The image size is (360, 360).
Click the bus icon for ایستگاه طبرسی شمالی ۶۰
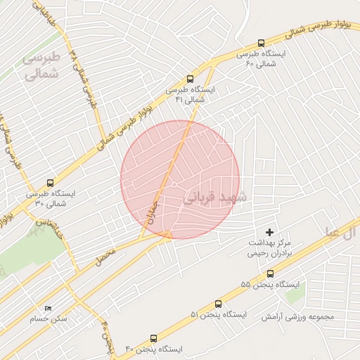click(262, 43)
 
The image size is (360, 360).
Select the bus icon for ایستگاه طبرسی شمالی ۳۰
click(49, 183)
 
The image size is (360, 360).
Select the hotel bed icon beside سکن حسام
click(49, 308)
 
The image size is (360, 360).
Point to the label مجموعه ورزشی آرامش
click(298, 316)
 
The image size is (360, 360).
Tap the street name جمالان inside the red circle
click(154, 209)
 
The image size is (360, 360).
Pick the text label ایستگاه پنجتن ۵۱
click(218, 314)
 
